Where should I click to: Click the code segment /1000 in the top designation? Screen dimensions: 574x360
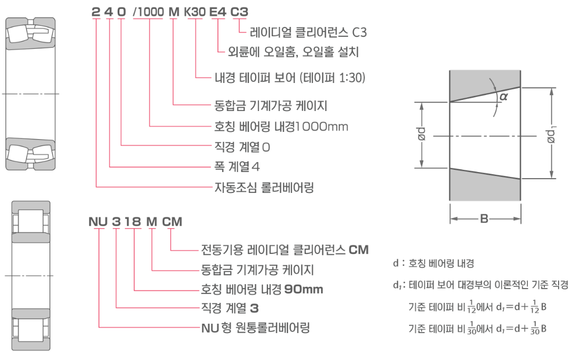148,12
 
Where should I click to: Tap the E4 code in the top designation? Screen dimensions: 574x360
219,12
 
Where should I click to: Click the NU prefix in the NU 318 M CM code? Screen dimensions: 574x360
98,222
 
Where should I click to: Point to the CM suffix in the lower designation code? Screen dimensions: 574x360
172,222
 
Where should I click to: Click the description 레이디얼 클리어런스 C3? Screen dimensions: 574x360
308,33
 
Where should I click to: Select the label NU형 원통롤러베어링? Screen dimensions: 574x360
255,329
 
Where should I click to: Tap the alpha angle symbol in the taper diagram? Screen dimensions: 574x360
503,97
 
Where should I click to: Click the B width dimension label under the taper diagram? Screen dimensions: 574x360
484,219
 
